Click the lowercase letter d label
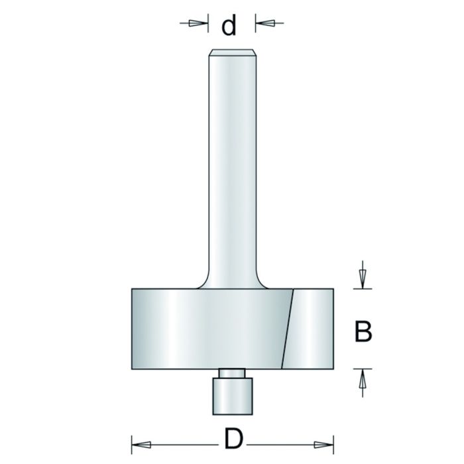click(229, 26)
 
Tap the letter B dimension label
click(362, 331)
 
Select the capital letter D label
click(231, 439)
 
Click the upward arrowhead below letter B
click(362, 381)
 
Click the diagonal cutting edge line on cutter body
click(287, 328)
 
